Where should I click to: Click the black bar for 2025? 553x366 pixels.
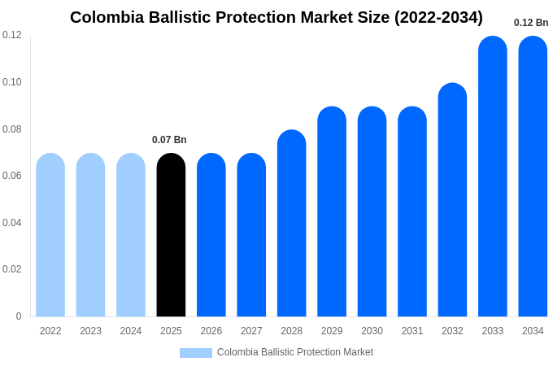[x=171, y=235]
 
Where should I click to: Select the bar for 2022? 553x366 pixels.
[x=50, y=235]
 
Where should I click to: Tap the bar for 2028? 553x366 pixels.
[x=291, y=224]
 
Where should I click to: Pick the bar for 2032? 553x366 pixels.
[x=452, y=200]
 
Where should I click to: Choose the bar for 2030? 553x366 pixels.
[x=372, y=211]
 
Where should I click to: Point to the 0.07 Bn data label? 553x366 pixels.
[x=169, y=140]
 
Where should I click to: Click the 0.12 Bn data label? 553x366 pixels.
[x=531, y=23]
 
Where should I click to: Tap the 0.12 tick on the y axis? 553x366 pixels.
[x=12, y=35]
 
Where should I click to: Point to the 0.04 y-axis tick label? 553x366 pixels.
[x=12, y=223]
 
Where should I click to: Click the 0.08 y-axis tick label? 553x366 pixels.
[x=12, y=129]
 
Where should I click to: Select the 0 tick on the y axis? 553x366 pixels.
[x=19, y=316]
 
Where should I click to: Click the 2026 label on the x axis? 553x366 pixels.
[x=211, y=331]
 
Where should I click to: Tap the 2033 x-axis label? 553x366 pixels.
[x=493, y=331]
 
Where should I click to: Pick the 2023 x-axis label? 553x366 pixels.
[x=90, y=331]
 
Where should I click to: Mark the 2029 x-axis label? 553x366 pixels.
[x=332, y=331]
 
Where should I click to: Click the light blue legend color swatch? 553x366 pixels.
[x=195, y=353]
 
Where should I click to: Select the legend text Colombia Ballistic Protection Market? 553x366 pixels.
[x=295, y=352]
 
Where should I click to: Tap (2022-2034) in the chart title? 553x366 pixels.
[x=438, y=17]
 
